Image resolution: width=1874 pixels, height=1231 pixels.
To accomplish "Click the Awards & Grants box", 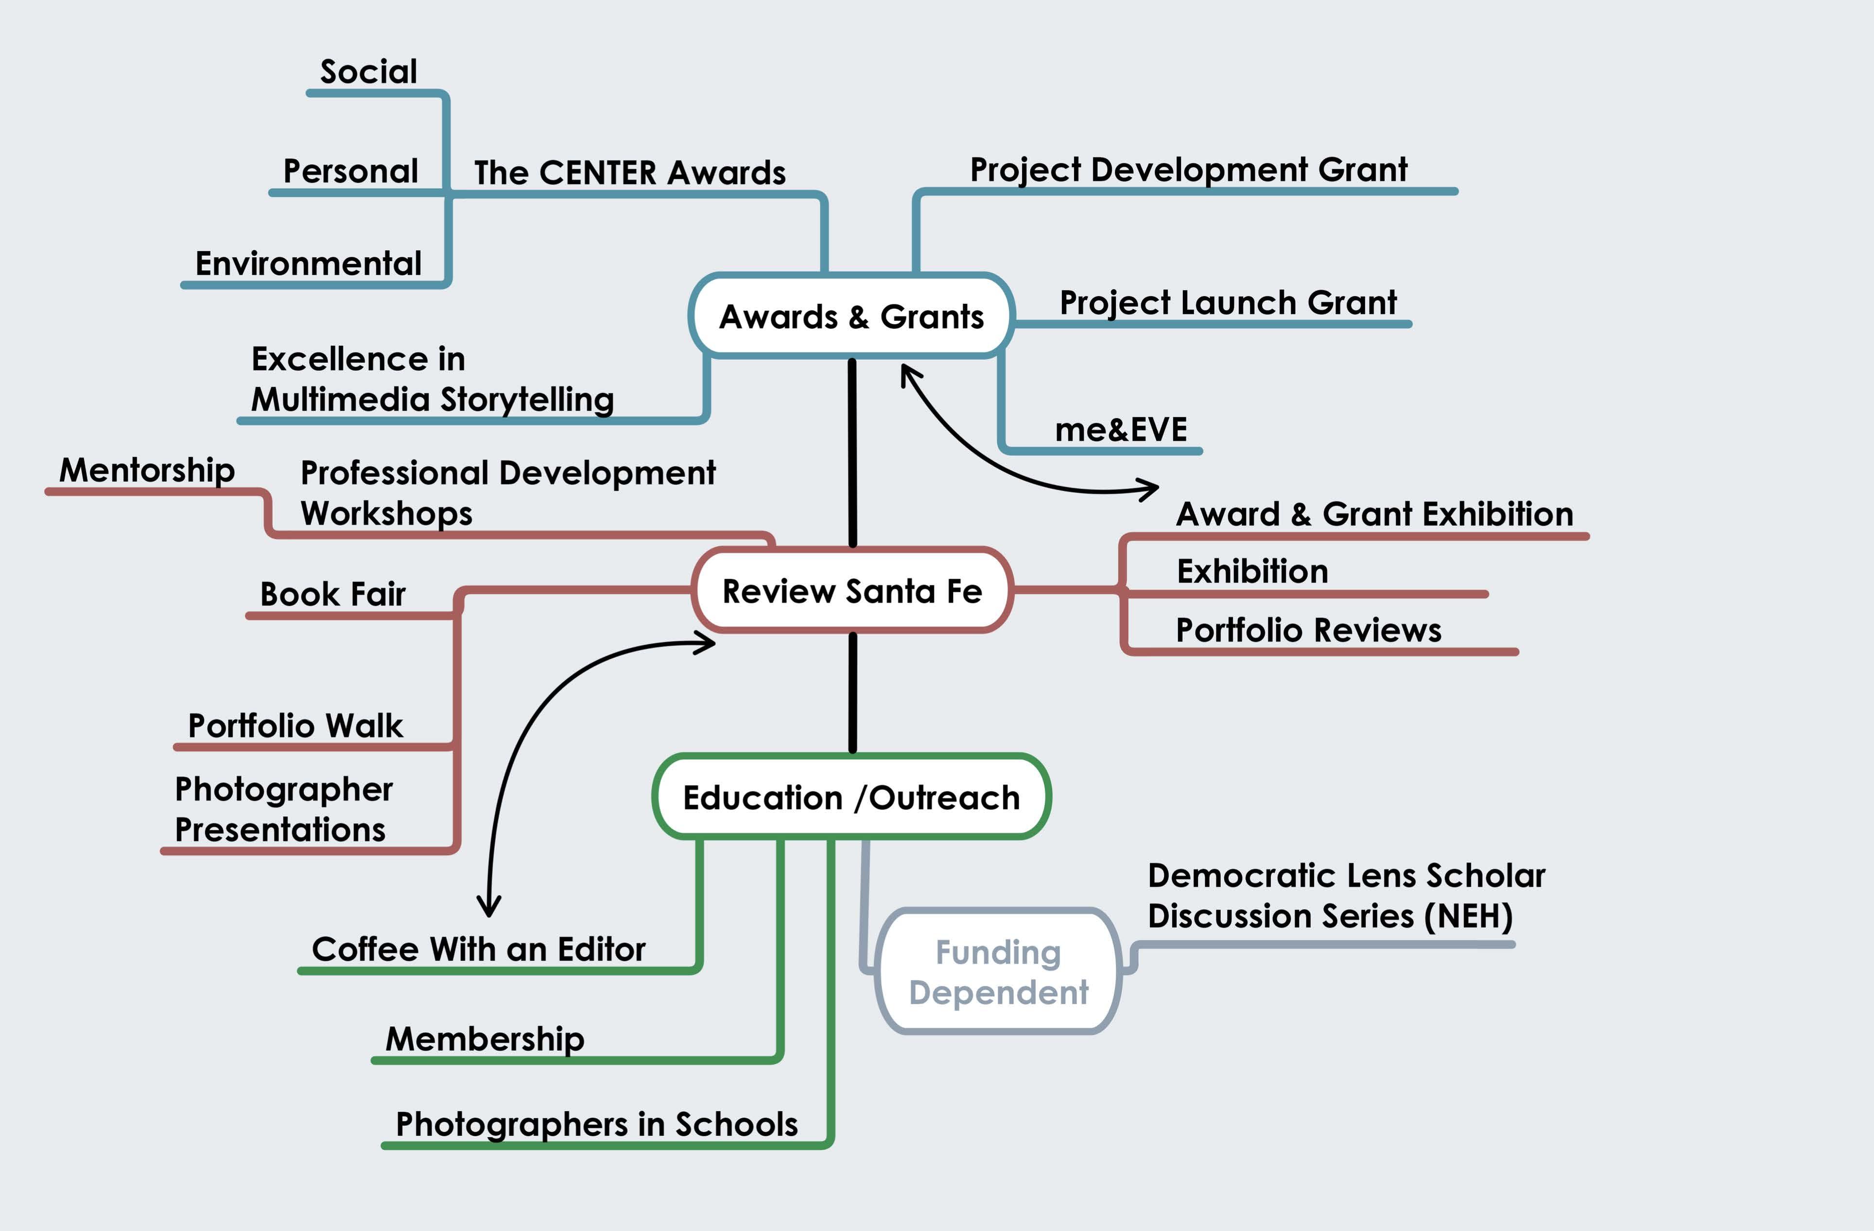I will tap(851, 316).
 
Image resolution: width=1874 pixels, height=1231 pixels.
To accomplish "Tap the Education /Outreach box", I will tap(851, 797).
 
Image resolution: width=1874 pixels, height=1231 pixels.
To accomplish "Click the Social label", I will tap(368, 71).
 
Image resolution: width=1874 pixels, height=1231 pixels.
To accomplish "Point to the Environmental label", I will tap(309, 263).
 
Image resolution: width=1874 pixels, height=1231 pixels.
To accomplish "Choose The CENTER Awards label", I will tap(630, 173).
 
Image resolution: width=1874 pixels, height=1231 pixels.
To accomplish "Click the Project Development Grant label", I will tap(1188, 169).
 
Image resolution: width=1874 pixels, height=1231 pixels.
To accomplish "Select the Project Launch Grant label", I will tap(1228, 302).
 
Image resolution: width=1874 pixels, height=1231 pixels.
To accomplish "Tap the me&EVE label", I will tap(1120, 429).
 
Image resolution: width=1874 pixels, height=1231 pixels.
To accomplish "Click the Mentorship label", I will tap(147, 470).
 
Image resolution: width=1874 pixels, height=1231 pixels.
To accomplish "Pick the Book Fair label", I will tap(332, 594).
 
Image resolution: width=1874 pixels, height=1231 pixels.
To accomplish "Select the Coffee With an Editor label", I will tap(479, 949).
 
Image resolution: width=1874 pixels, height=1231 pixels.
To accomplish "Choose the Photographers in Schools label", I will tap(597, 1124).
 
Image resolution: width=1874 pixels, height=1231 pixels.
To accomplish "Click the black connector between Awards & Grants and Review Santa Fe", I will tap(852, 453).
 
